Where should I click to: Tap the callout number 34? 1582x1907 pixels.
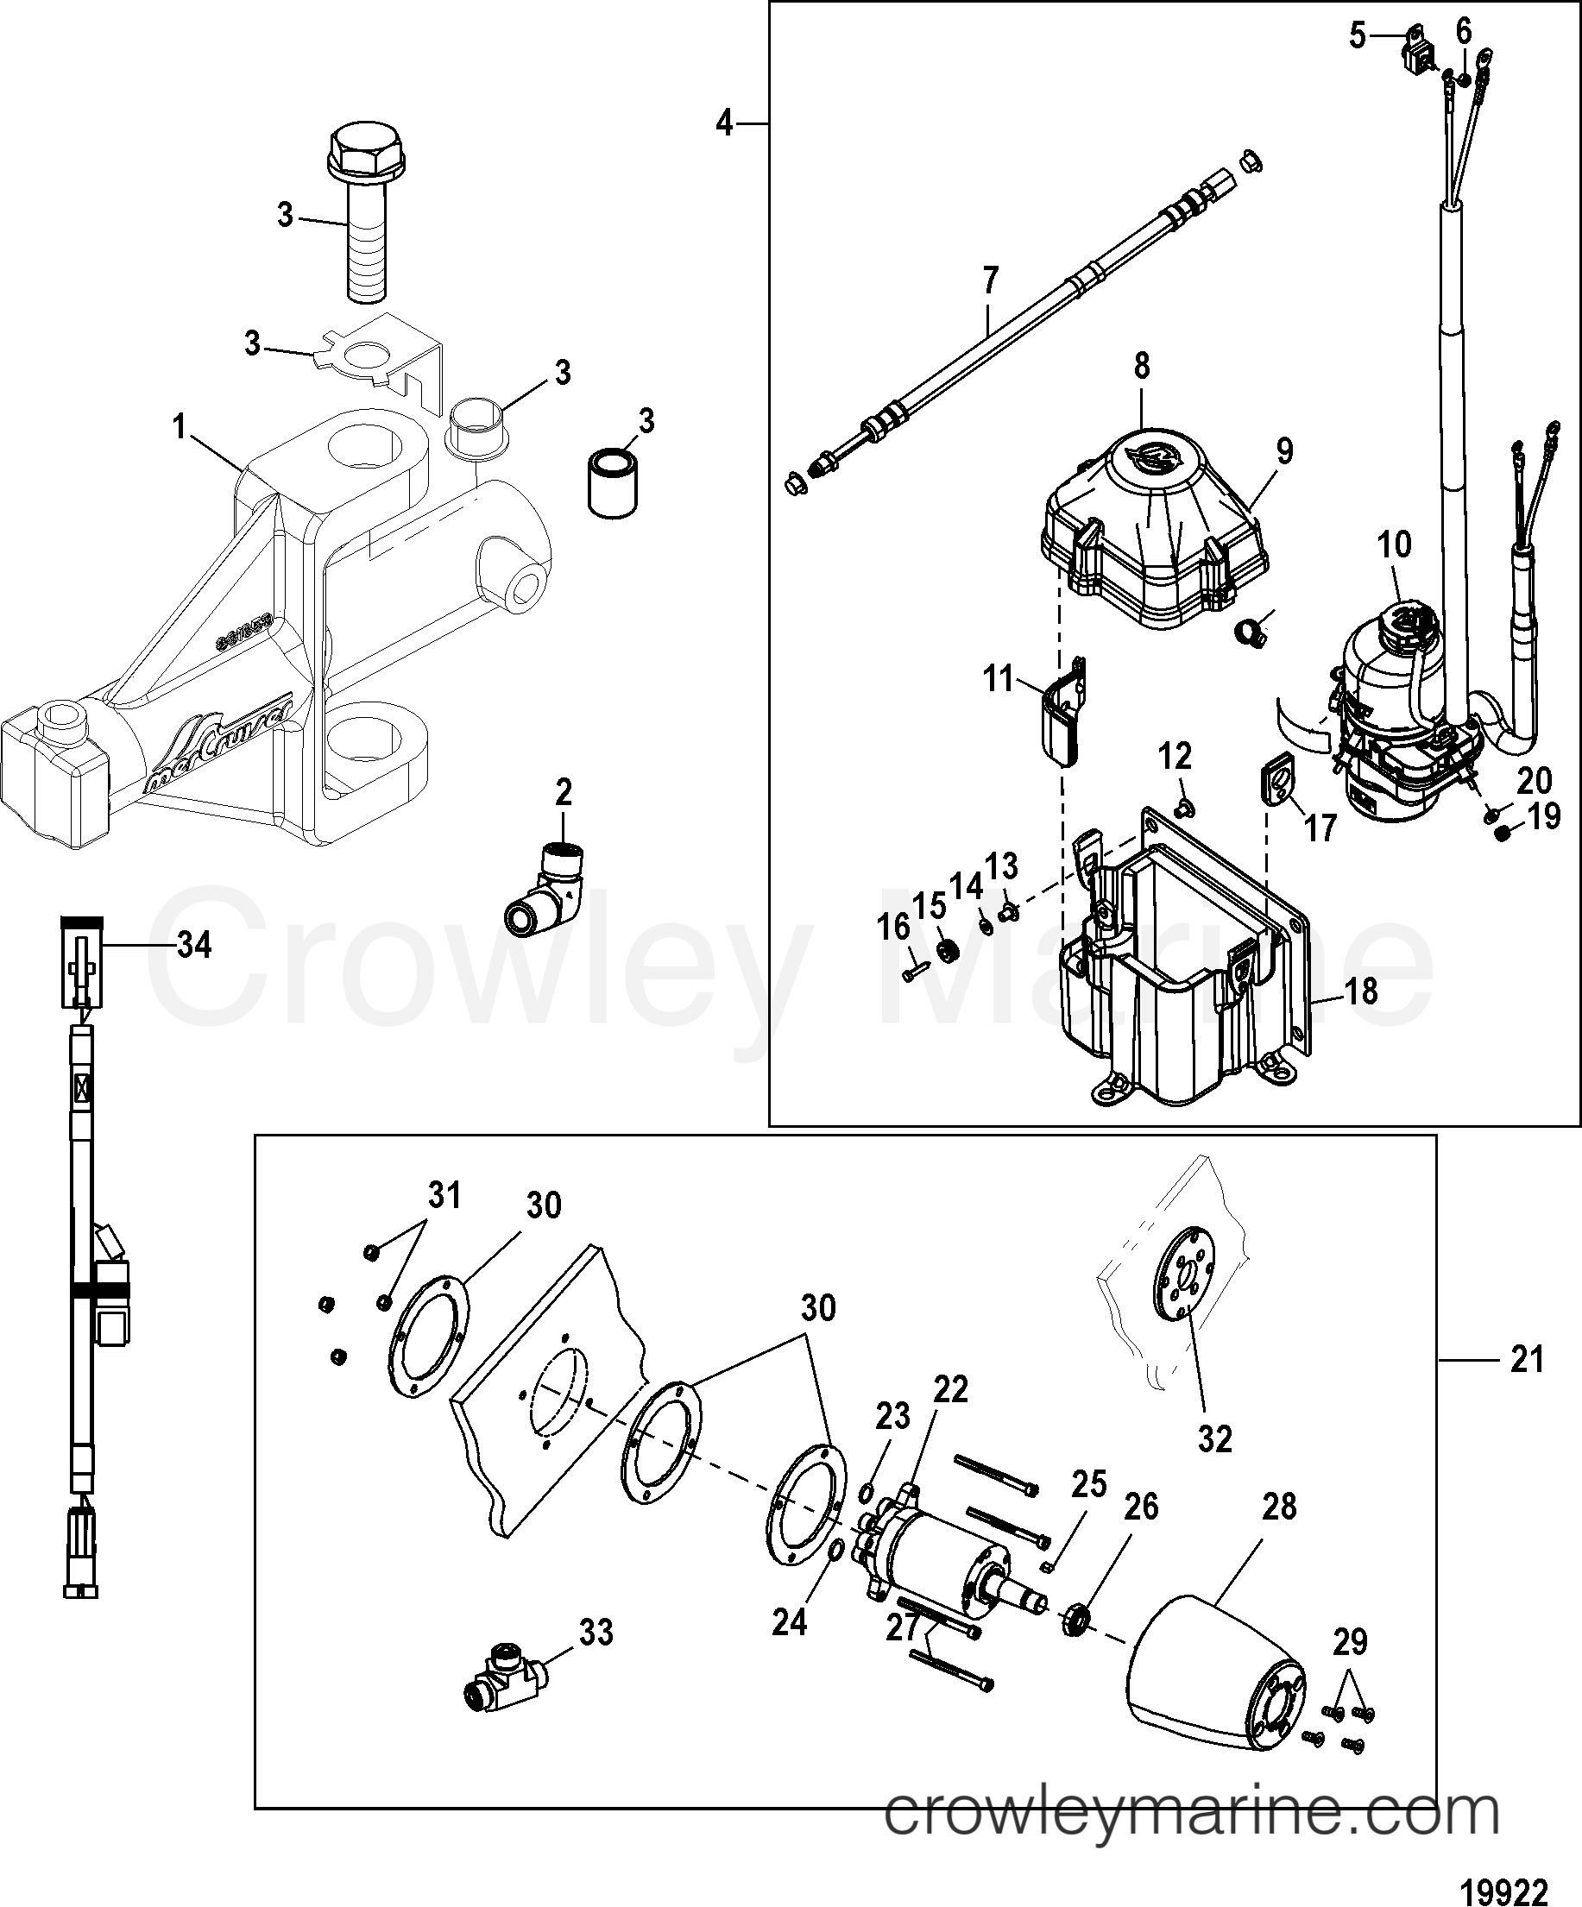pyautogui.click(x=192, y=946)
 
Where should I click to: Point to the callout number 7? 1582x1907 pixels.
pyautogui.click(x=990, y=280)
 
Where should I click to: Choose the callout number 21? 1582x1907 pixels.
pyautogui.click(x=1527, y=1386)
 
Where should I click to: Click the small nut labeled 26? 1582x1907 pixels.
pyautogui.click(x=1077, y=1619)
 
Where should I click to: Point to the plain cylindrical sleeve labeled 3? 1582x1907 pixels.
pyautogui.click(x=610, y=480)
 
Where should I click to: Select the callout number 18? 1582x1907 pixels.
pyautogui.click(x=1360, y=991)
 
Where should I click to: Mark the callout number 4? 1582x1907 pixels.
pyautogui.click(x=724, y=123)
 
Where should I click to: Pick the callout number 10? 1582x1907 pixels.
pyautogui.click(x=1395, y=544)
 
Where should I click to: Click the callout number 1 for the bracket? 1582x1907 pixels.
pyautogui.click(x=180, y=426)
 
